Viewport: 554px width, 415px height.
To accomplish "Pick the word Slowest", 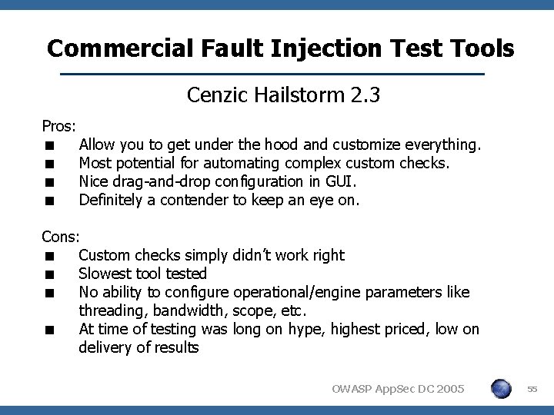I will pyautogui.click(x=103, y=274).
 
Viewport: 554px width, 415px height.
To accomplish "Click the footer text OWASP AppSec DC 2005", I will pyautogui.click(x=399, y=390).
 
